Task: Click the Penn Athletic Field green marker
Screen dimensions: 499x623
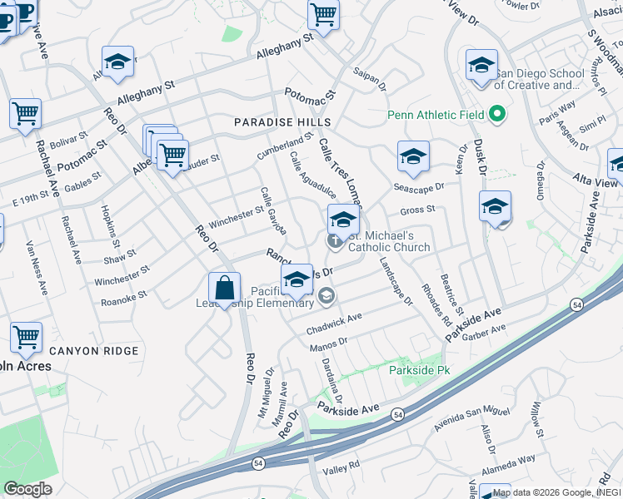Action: coord(498,114)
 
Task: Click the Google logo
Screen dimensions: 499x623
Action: coord(27,489)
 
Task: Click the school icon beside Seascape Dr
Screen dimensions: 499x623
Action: coord(413,156)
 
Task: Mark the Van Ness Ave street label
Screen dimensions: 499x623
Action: coord(38,267)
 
